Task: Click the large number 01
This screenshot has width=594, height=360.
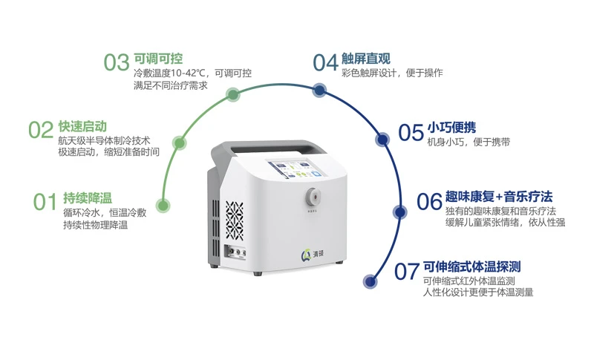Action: [x=45, y=202]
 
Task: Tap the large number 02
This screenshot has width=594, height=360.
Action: [x=41, y=130]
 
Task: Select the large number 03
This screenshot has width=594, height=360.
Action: [x=117, y=62]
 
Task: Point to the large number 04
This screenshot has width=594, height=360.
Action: [x=325, y=62]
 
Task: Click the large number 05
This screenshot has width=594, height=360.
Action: [x=411, y=132]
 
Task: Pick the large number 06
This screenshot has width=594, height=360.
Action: [x=430, y=201]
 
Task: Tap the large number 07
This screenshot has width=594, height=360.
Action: [x=407, y=272]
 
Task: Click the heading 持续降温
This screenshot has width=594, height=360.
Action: [x=88, y=198]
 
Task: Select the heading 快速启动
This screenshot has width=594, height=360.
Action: [x=82, y=126]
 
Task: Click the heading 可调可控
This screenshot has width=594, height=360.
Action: [x=158, y=59]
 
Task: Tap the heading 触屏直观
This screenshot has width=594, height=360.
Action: [x=366, y=59]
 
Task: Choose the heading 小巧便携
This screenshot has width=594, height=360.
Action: [x=452, y=128]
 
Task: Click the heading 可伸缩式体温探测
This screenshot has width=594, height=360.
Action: [x=472, y=267]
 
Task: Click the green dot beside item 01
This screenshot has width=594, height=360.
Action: [x=163, y=206]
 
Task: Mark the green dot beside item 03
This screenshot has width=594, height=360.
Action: [x=233, y=94]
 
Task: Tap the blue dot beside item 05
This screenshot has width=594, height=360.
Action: [x=383, y=140]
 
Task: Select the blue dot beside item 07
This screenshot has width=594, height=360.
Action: [x=370, y=281]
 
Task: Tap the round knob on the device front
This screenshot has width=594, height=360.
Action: [x=313, y=196]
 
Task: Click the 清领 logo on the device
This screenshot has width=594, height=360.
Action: [x=312, y=255]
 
